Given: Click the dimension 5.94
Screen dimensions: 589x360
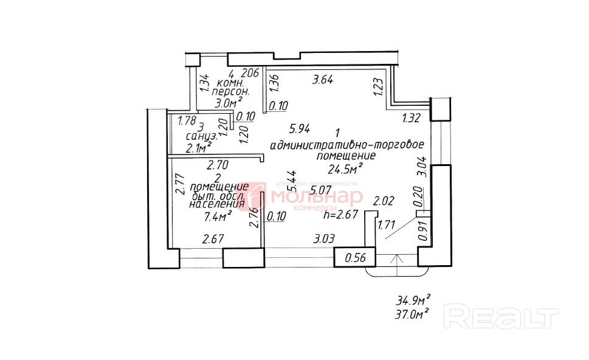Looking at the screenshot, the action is coord(301,128).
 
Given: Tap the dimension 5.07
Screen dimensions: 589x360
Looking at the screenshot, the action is coord(322,190).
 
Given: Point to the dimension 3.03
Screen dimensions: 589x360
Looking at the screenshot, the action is coord(324,238).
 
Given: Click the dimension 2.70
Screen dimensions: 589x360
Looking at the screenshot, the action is coord(217,164).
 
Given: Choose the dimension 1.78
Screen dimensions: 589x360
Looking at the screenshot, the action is coord(186,120).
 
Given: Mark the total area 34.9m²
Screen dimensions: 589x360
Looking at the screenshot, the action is coord(413,300).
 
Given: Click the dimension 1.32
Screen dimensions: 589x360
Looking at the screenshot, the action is coord(412,119).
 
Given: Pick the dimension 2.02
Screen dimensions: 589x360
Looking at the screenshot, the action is coord(384,201).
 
